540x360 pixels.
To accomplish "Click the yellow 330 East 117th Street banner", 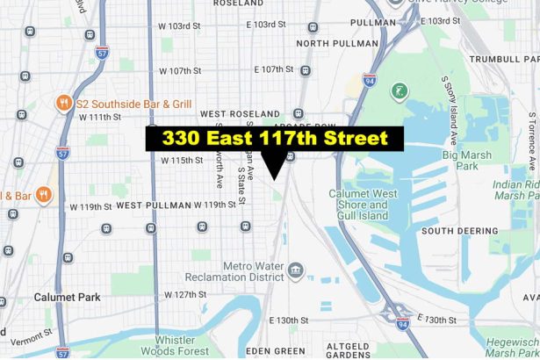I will click(x=273, y=139).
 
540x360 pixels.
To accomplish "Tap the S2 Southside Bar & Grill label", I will click(x=129, y=102).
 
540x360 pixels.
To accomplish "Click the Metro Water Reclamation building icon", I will click(x=295, y=270).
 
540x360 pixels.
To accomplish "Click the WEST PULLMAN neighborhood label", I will click(x=153, y=205).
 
